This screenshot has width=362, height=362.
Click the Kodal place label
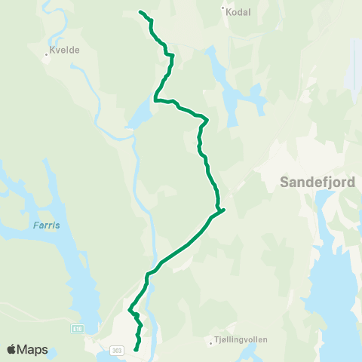click(239, 12)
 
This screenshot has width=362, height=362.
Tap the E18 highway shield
click(77, 329)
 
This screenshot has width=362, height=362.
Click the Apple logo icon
click(12, 349)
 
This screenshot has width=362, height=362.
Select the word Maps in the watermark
click(33, 349)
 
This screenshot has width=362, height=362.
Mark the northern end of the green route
click(141, 12)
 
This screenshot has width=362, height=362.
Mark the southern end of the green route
click(136, 349)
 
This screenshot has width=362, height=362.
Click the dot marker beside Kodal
click(224, 10)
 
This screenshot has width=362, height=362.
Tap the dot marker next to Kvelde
click(46, 54)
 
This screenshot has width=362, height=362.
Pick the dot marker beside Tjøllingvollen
click(212, 343)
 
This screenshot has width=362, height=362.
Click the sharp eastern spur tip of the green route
click(225, 210)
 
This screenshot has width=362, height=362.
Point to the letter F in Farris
click(35, 225)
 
